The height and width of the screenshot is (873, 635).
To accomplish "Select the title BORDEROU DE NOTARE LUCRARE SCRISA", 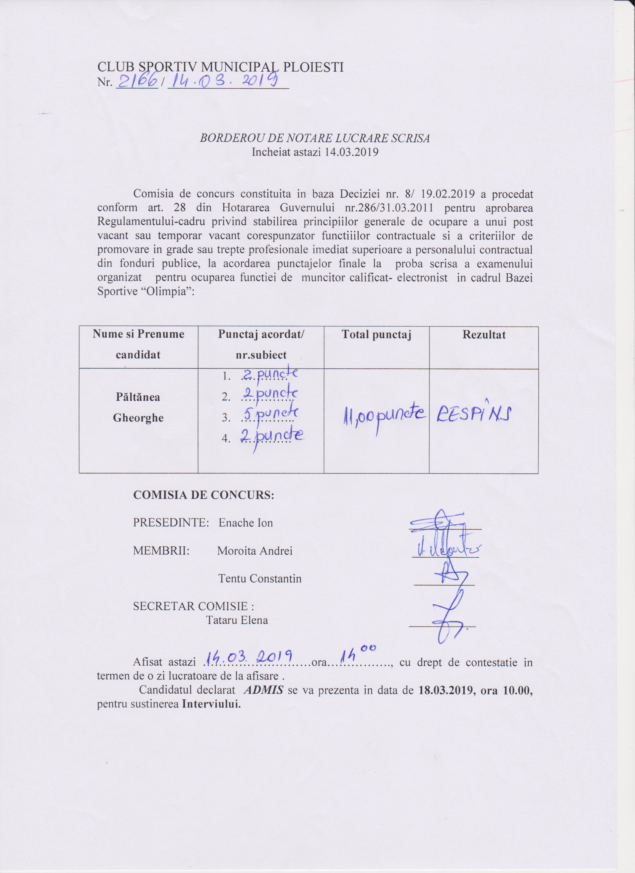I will click(315, 139).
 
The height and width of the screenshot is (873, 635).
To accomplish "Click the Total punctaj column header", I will click(376, 335).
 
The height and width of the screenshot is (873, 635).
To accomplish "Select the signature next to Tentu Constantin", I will click(445, 576).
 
